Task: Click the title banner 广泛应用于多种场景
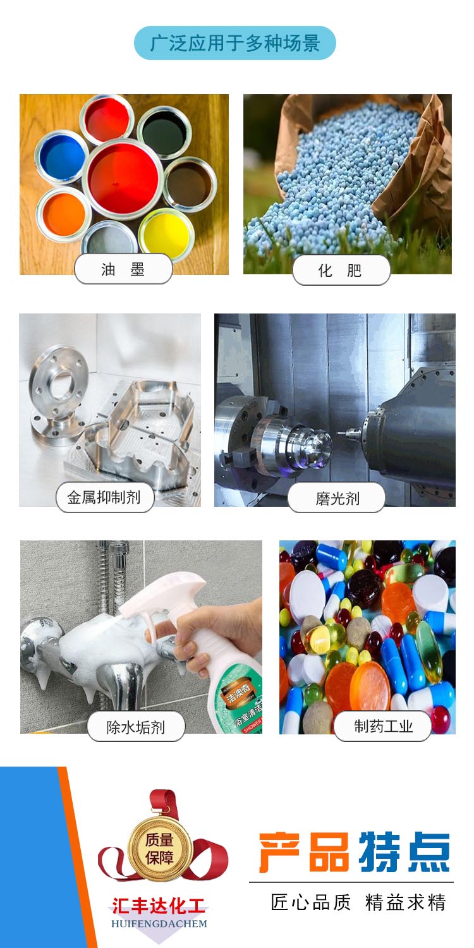pos(235,43)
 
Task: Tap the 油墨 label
pos(123,269)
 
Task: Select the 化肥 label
pos(341,270)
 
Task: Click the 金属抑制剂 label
pos(104,497)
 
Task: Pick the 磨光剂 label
pos(336,498)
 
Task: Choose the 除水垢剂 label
pos(135,726)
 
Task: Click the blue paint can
pos(61,155)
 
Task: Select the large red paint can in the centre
pos(123,179)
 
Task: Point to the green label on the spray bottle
pos(240,702)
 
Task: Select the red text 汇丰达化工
pos(159,906)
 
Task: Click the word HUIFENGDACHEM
pos(159,924)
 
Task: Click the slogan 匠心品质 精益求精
pos(358,902)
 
